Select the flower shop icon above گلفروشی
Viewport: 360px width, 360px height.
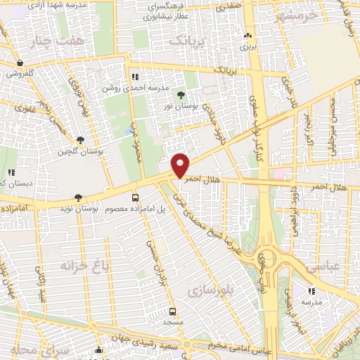[19, 63]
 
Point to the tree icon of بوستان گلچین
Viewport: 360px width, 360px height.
[82, 140]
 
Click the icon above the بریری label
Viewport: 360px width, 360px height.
[246, 36]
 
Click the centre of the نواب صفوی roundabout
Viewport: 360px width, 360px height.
[269, 264]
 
